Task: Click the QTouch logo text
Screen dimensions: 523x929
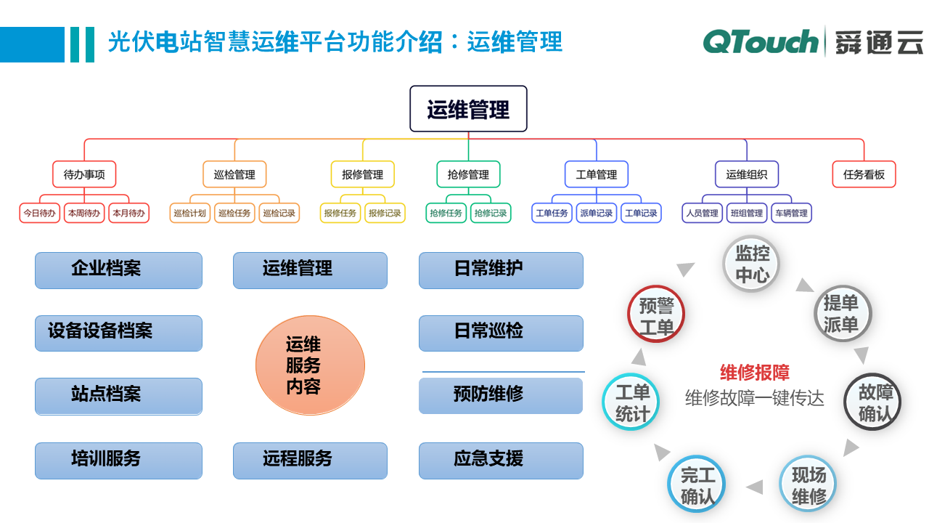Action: [x=760, y=41]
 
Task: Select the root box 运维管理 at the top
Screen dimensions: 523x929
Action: [x=468, y=109]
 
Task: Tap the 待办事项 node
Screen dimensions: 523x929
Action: [x=84, y=174]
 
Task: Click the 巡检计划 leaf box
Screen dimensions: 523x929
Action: [x=190, y=213]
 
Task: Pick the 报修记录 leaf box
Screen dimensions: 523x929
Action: [x=385, y=213]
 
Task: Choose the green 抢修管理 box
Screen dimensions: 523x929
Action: [x=468, y=174]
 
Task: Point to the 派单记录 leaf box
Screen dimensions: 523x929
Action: [x=597, y=213]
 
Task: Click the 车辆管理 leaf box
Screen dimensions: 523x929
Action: [x=791, y=213]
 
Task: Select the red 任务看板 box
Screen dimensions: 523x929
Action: [x=864, y=174]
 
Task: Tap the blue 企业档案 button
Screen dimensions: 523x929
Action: [x=118, y=269]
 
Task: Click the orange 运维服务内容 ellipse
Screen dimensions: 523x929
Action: [x=310, y=365]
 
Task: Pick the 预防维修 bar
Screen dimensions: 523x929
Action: [x=501, y=395]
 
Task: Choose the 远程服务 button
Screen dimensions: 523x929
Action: [x=310, y=460]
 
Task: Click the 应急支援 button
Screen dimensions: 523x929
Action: [x=501, y=460]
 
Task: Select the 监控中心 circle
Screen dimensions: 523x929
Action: [x=753, y=264]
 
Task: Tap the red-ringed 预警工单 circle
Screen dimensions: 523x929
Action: [x=656, y=314]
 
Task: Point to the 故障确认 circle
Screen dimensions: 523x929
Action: [x=872, y=402]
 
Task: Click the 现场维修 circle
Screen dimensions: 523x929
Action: [x=809, y=485]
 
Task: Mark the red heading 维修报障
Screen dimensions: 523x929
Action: [x=755, y=373]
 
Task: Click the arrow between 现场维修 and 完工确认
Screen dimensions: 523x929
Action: [x=755, y=487]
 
